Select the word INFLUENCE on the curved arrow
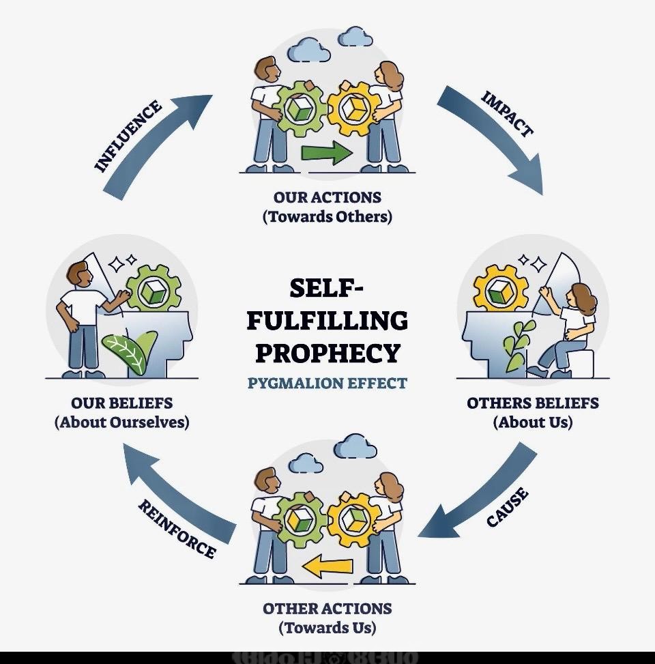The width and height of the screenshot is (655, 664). pyautogui.click(x=128, y=136)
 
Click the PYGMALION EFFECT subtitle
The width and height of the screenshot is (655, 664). pyautogui.click(x=327, y=382)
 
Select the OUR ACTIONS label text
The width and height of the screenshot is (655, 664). pyautogui.click(x=327, y=198)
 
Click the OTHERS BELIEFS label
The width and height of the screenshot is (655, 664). pyautogui.click(x=532, y=403)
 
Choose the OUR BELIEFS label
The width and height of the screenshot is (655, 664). pyautogui.click(x=122, y=403)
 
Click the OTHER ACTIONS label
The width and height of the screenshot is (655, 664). pyautogui.click(x=327, y=608)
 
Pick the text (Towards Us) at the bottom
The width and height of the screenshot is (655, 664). pyautogui.click(x=327, y=627)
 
